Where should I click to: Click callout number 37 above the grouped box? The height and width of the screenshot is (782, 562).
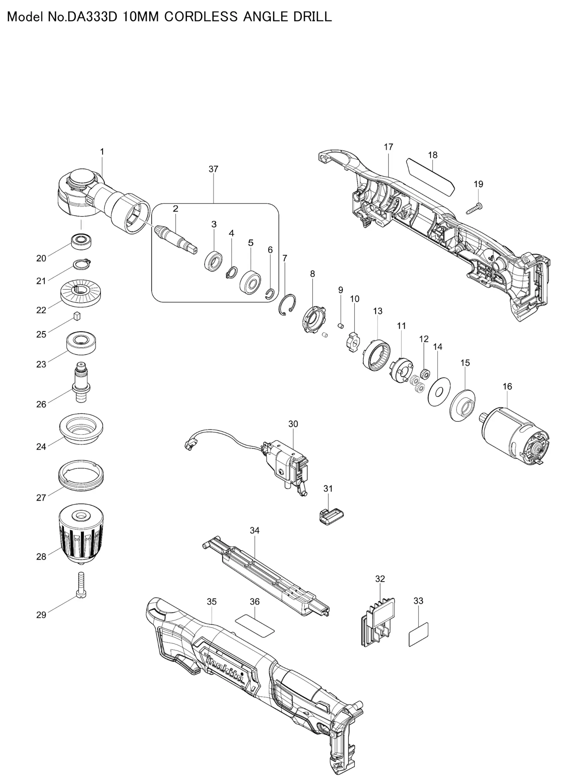tap(213, 169)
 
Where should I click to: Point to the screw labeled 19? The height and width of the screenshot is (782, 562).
tap(474, 208)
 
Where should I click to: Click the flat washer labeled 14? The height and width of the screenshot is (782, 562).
tap(439, 392)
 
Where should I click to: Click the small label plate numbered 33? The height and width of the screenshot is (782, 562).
tap(418, 634)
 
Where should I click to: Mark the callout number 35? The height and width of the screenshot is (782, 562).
tap(211, 602)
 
